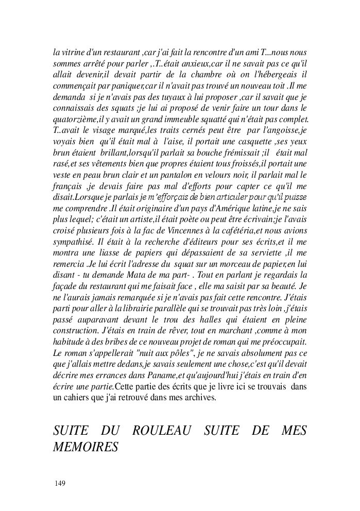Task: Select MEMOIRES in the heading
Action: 85,447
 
